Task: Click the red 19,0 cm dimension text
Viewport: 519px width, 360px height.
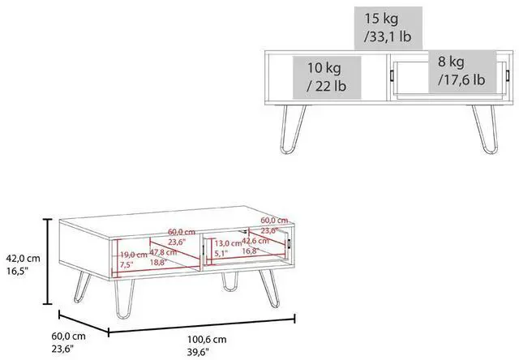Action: click(134, 254)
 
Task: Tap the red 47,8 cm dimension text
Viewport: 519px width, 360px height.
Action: click(167, 252)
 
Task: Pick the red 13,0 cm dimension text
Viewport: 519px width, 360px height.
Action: click(229, 242)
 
